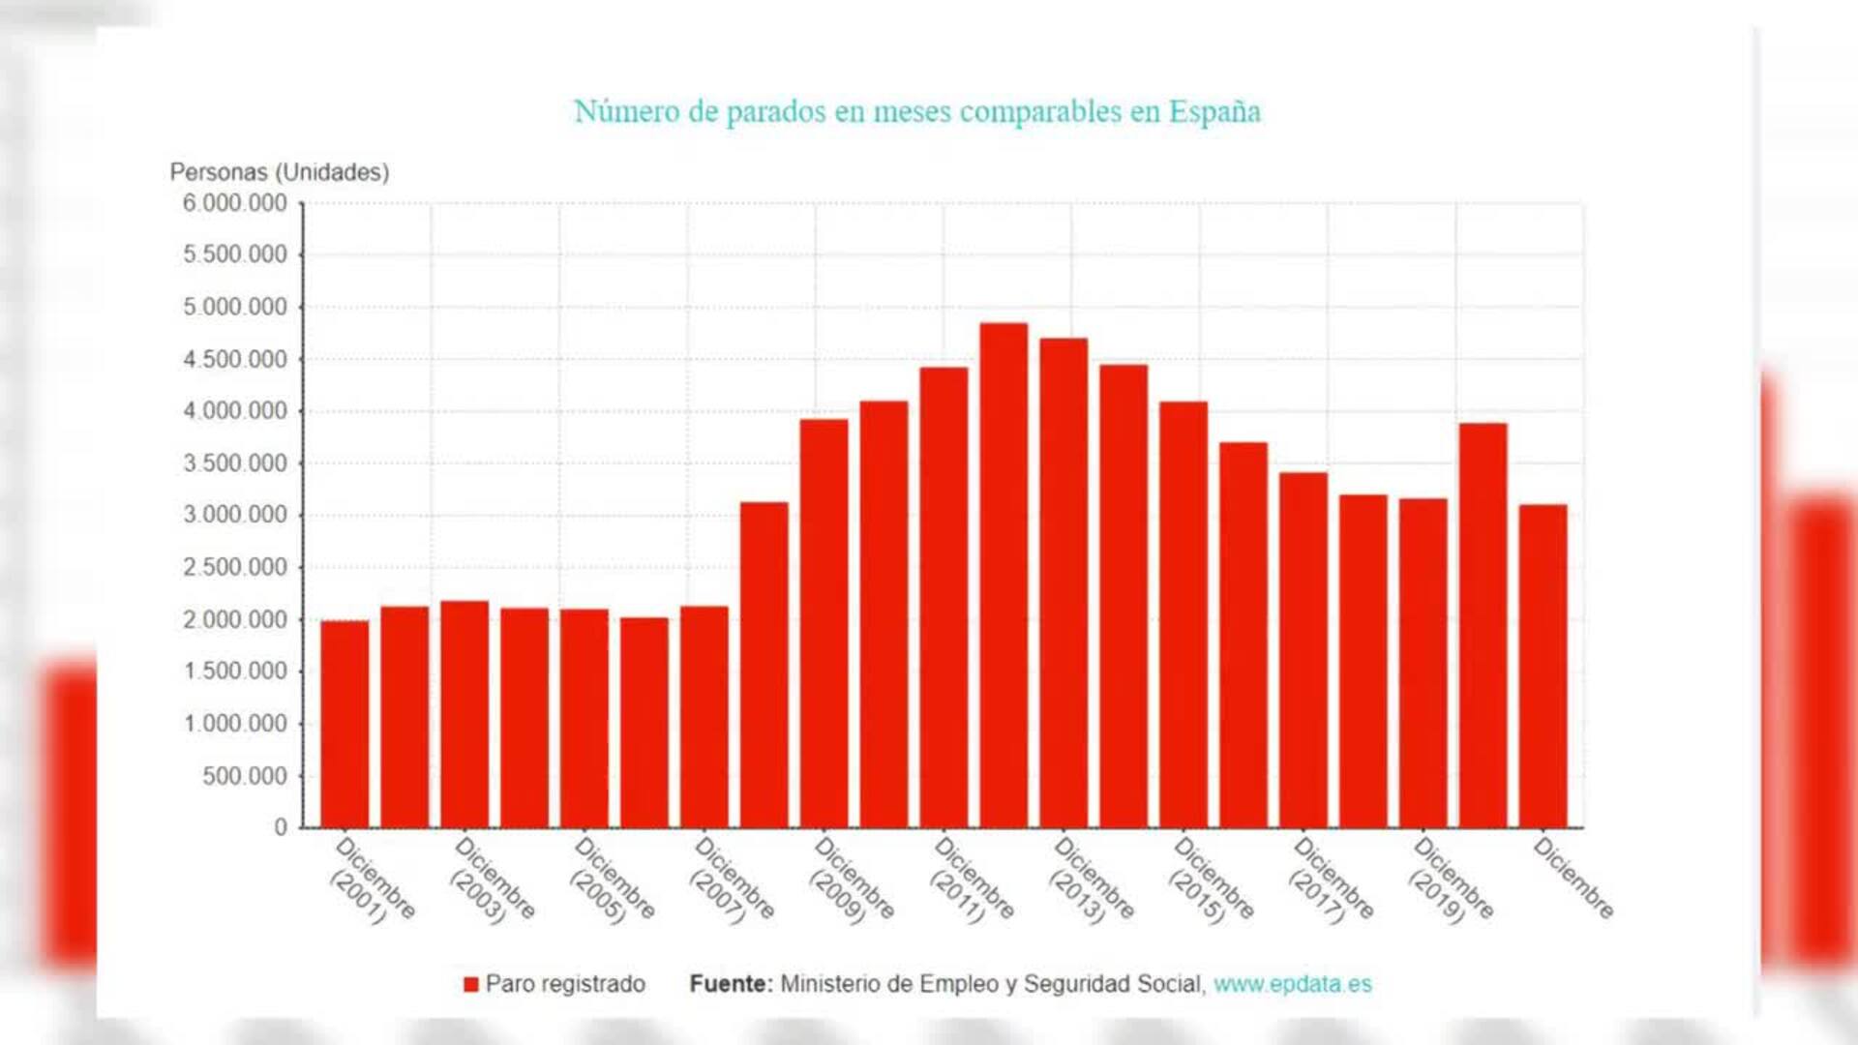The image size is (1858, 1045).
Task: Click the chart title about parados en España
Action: [x=916, y=111]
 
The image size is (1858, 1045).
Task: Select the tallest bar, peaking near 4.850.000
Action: [x=1004, y=581]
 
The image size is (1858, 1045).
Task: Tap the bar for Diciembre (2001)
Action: [x=345, y=726]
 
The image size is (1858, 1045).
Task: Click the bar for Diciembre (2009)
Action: [x=824, y=629]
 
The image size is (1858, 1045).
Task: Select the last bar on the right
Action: [x=1543, y=668]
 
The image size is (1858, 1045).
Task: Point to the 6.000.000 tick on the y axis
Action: [x=235, y=203]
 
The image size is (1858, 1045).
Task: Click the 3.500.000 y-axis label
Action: [x=235, y=463]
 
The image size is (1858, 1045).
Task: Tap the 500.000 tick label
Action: [x=245, y=776]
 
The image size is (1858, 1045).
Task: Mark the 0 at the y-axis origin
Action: [x=281, y=827]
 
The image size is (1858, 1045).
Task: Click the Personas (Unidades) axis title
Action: [x=280, y=172]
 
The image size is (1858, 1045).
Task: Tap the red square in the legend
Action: [x=471, y=984]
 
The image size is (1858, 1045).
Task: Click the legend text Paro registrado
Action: [x=565, y=984]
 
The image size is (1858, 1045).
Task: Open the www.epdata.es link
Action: [x=1292, y=984]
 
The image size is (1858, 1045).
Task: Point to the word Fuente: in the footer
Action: [x=731, y=984]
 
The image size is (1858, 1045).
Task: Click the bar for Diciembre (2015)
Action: [x=1184, y=619]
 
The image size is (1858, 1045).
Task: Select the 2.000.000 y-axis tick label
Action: [x=235, y=619]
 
